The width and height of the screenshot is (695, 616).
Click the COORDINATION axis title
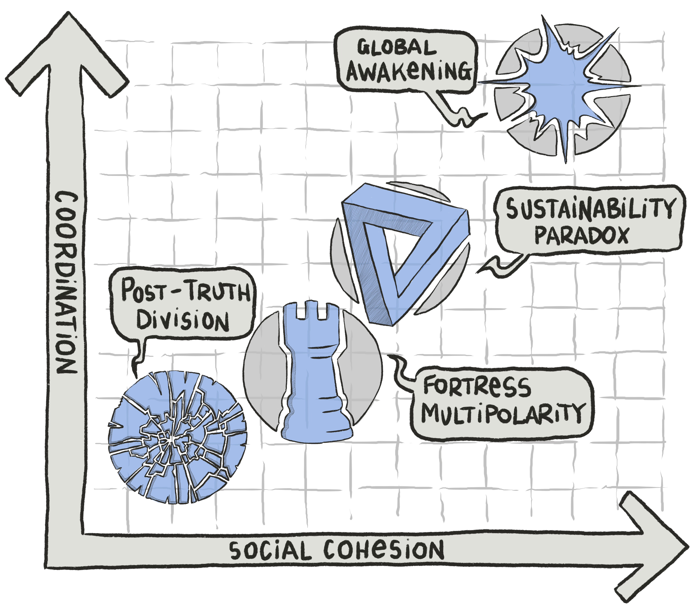pyautogui.click(x=66, y=282)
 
